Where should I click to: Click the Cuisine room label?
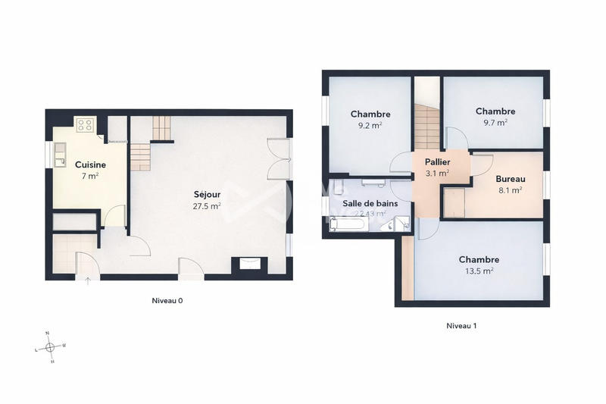[x=90, y=164]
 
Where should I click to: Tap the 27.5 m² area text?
[x=207, y=205]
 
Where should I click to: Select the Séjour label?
[x=207, y=194]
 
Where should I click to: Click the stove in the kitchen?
[x=84, y=125]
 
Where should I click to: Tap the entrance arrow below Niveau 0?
[x=87, y=282]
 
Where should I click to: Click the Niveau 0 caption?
[x=167, y=301]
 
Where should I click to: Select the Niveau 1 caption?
[x=461, y=326]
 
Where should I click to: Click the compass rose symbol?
[x=50, y=347]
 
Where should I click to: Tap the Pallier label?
[x=437, y=162]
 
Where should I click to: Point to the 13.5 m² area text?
[x=479, y=270]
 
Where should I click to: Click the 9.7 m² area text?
[x=495, y=121]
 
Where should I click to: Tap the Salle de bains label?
[x=370, y=203]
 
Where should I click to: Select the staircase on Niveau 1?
[x=426, y=126]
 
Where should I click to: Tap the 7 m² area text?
[x=90, y=175]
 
